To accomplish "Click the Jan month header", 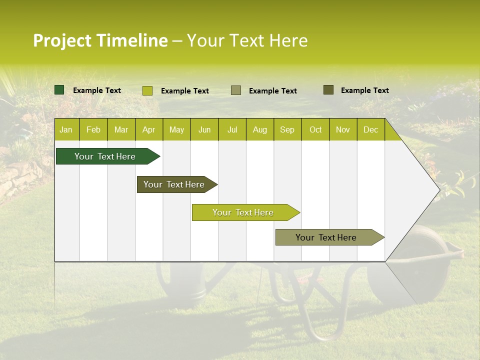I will coord(66,129).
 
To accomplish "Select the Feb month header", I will coord(93,129).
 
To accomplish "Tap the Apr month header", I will coord(148,129).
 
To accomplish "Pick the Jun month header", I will coord(204,129).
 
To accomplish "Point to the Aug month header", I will coord(259,129).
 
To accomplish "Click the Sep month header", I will coord(287,129).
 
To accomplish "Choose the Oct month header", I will coord(315,129).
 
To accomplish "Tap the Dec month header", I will coord(370,129).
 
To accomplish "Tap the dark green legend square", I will coord(59,90).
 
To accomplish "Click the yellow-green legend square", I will coord(147,90).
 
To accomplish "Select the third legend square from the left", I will coord(236,90).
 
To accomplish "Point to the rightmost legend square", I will coord(328,90).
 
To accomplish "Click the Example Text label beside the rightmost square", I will coord(364,90).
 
